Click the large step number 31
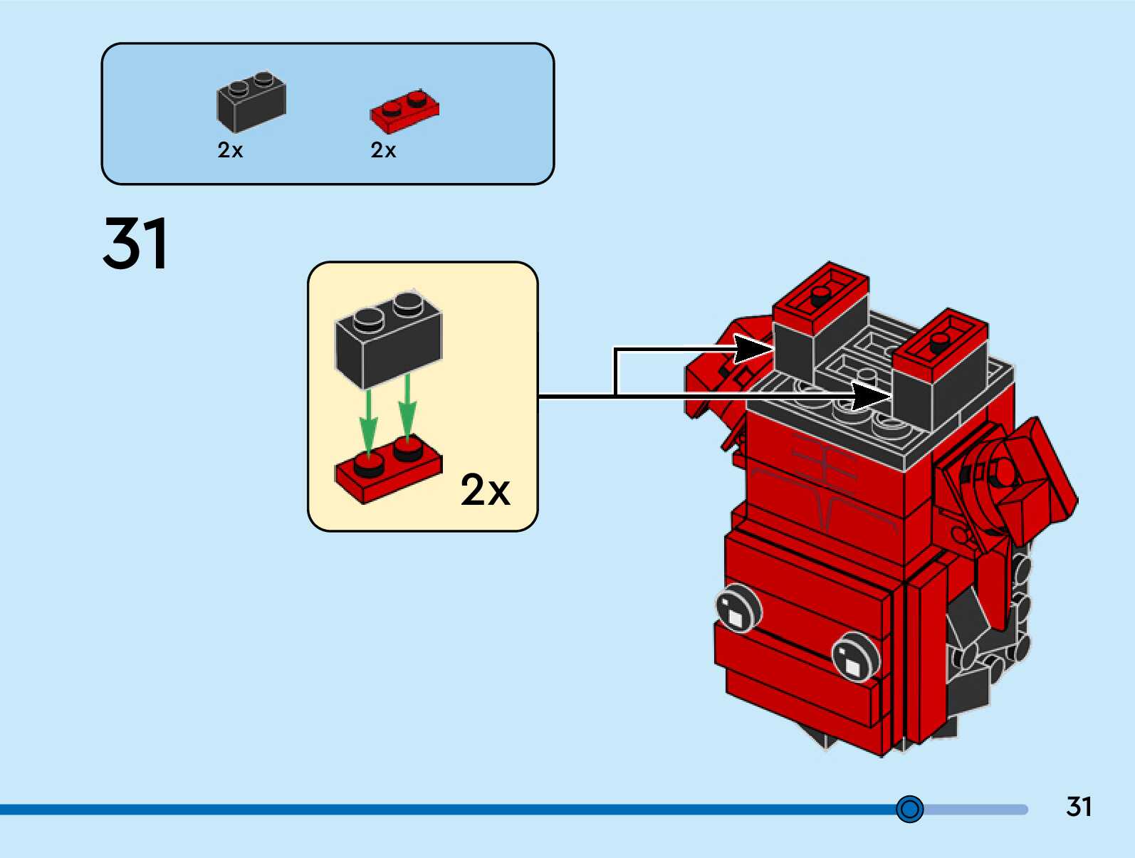[x=135, y=244]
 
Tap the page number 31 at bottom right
[x=1079, y=807]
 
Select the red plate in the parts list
[x=404, y=113]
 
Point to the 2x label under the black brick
[x=230, y=150]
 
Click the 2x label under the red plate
[x=383, y=150]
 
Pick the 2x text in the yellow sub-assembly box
[x=485, y=490]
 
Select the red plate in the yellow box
[x=388, y=473]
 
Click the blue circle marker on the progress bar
[x=909, y=809]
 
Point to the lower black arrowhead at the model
[x=872, y=394]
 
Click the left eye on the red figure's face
[x=738, y=609]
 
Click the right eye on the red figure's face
[x=856, y=655]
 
